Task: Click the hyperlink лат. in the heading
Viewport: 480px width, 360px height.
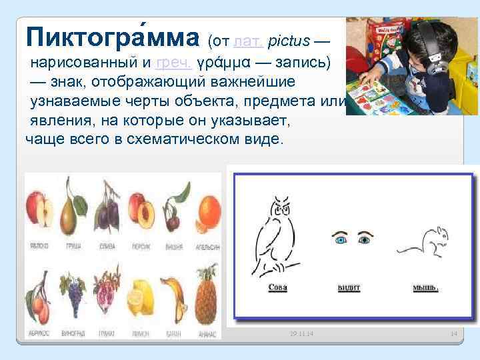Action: pyautogui.click(x=248, y=41)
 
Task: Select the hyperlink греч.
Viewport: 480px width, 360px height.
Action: pyautogui.click(x=173, y=63)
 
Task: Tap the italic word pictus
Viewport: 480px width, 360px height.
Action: pyautogui.click(x=291, y=41)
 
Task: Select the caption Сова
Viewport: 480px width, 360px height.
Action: pyautogui.click(x=279, y=287)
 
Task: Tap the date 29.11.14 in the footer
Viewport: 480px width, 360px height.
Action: pyautogui.click(x=301, y=333)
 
